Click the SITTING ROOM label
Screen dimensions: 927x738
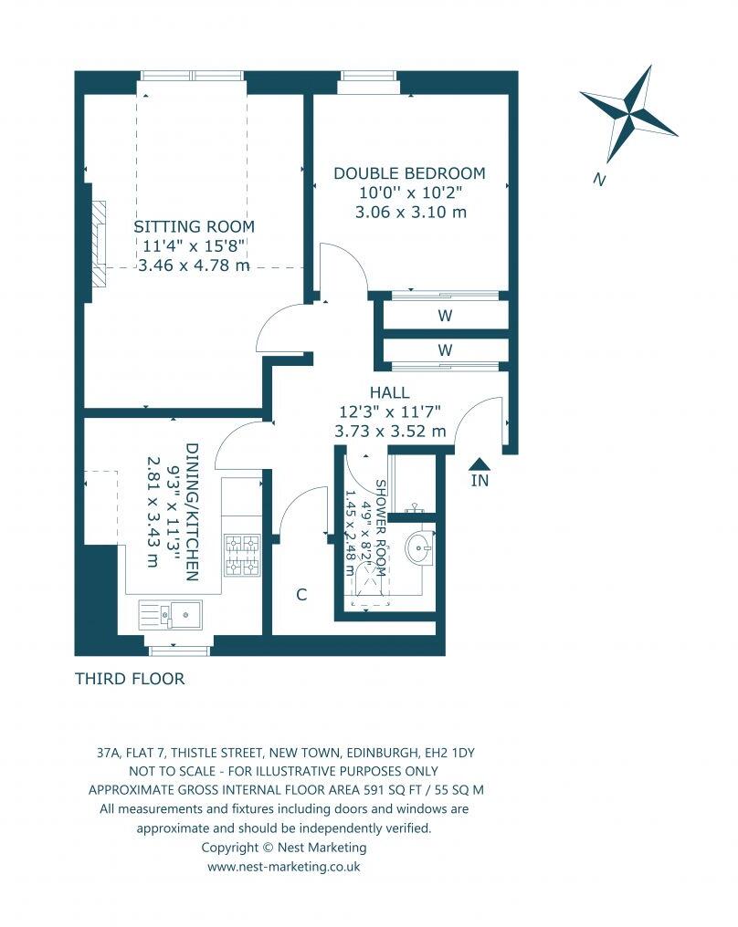click(194, 226)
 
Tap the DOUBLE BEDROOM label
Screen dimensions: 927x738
click(409, 173)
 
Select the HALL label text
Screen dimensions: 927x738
click(390, 393)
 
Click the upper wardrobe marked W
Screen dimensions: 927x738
click(446, 316)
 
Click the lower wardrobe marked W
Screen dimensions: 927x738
click(446, 349)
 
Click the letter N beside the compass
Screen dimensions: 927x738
click(599, 180)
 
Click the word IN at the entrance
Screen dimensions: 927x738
click(480, 481)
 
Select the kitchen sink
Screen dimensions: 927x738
click(173, 614)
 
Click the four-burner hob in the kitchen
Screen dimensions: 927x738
click(243, 556)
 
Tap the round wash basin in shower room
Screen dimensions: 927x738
click(419, 550)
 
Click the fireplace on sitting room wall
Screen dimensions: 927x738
click(95, 238)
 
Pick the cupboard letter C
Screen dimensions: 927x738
click(300, 595)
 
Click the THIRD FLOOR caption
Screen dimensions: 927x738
click(130, 679)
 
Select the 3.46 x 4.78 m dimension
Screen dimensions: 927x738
click(194, 266)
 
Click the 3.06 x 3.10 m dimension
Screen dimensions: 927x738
click(410, 212)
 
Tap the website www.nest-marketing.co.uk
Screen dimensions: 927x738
click(283, 866)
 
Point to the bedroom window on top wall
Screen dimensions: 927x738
click(368, 88)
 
